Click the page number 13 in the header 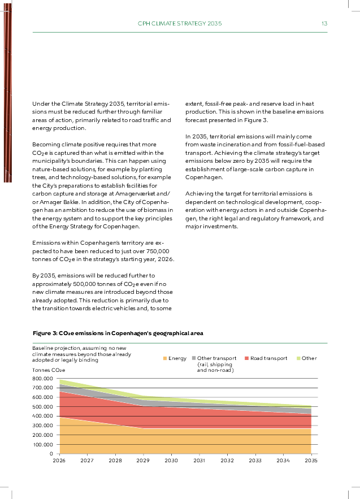point(324,24)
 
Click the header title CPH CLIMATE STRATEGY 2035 point(180,24)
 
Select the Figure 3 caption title point(118,333)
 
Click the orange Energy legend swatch point(164,358)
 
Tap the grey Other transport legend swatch point(193,358)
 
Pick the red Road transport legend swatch point(246,358)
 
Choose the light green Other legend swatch point(298,358)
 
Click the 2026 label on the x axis point(59,461)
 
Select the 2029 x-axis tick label point(143,461)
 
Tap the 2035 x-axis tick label point(311,461)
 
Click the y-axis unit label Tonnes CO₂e point(49,370)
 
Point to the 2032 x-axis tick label point(227,461)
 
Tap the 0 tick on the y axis point(51,454)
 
